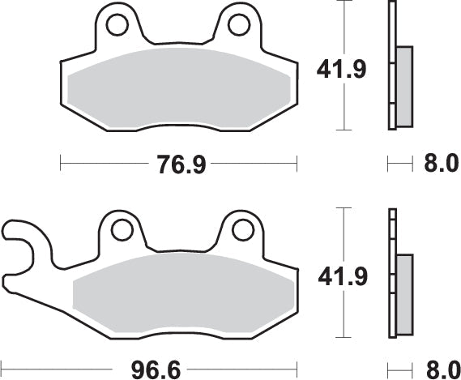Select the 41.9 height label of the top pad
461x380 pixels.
point(341,68)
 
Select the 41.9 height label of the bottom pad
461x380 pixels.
point(341,278)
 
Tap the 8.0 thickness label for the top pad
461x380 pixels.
point(441,165)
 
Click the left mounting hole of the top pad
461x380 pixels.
point(116,25)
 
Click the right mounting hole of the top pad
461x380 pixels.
point(238,25)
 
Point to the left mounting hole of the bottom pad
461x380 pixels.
point(122,232)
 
